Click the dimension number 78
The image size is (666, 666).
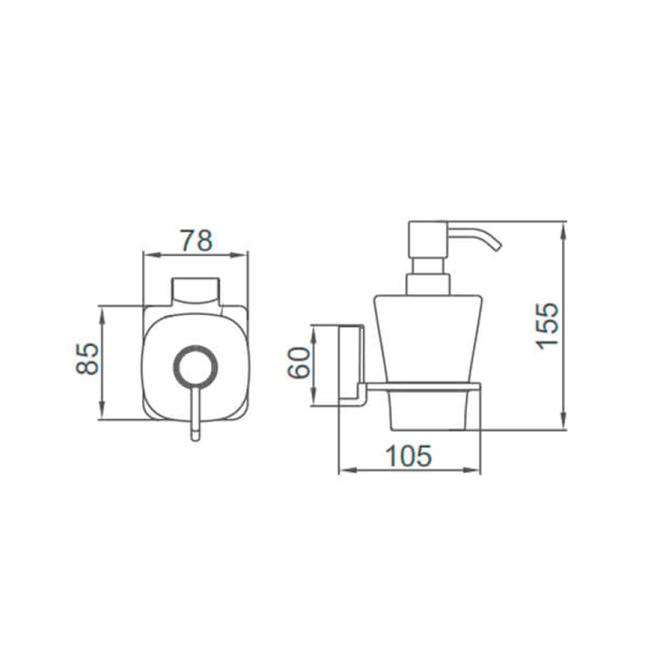click(196, 241)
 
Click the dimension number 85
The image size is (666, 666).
click(87, 359)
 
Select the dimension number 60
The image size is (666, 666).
click(299, 362)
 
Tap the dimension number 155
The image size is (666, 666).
click(547, 326)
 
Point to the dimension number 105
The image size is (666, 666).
click(408, 456)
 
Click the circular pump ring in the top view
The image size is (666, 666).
click(195, 366)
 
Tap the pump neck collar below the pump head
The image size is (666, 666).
click(428, 285)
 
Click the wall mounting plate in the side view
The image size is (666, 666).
click(351, 366)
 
